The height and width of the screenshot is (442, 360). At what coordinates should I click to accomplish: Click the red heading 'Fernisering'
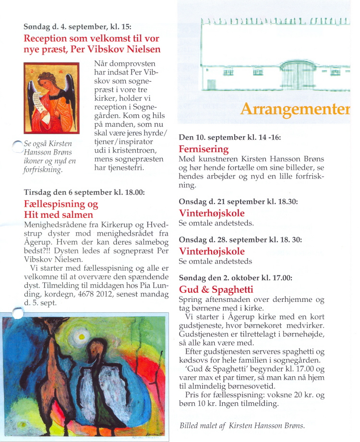[204, 149]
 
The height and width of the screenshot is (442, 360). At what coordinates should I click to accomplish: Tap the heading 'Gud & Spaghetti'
[216, 289]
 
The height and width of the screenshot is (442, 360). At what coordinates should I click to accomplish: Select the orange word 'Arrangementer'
[295, 109]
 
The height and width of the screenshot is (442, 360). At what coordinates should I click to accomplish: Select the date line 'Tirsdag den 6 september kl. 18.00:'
[84, 192]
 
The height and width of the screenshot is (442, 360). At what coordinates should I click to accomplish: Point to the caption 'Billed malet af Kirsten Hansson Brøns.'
[242, 425]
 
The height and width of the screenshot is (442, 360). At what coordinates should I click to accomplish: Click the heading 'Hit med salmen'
[58, 215]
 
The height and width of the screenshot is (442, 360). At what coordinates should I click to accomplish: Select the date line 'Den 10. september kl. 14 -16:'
[229, 137]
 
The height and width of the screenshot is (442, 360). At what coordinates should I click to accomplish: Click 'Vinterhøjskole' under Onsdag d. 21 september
[212, 213]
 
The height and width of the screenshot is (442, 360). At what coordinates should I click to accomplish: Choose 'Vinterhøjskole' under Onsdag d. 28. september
[212, 251]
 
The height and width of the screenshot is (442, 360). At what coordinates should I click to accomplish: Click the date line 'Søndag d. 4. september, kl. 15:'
[77, 26]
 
